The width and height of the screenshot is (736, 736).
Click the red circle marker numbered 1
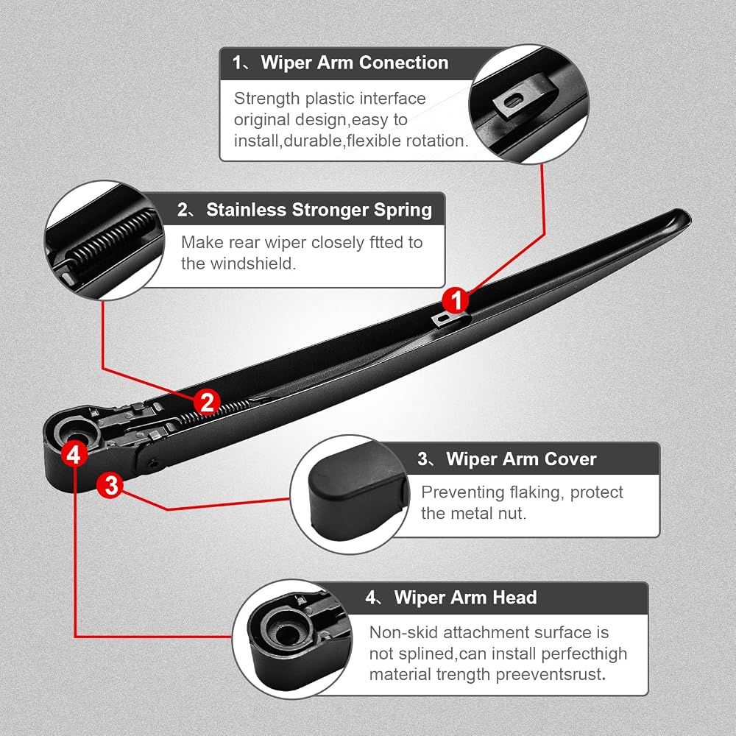[x=456, y=300]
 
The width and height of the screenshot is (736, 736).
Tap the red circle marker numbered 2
[x=207, y=403]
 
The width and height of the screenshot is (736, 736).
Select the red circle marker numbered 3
[x=111, y=485]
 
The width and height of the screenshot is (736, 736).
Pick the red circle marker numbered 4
[x=74, y=454]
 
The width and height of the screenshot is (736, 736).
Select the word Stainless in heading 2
[x=247, y=209]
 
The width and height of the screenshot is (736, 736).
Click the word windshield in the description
[x=253, y=263]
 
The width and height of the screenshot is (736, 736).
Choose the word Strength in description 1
[x=266, y=99]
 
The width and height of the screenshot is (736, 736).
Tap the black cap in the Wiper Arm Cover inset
[x=358, y=493]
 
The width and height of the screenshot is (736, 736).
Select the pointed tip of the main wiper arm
[x=688, y=217]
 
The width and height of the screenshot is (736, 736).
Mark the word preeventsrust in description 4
[x=551, y=674]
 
